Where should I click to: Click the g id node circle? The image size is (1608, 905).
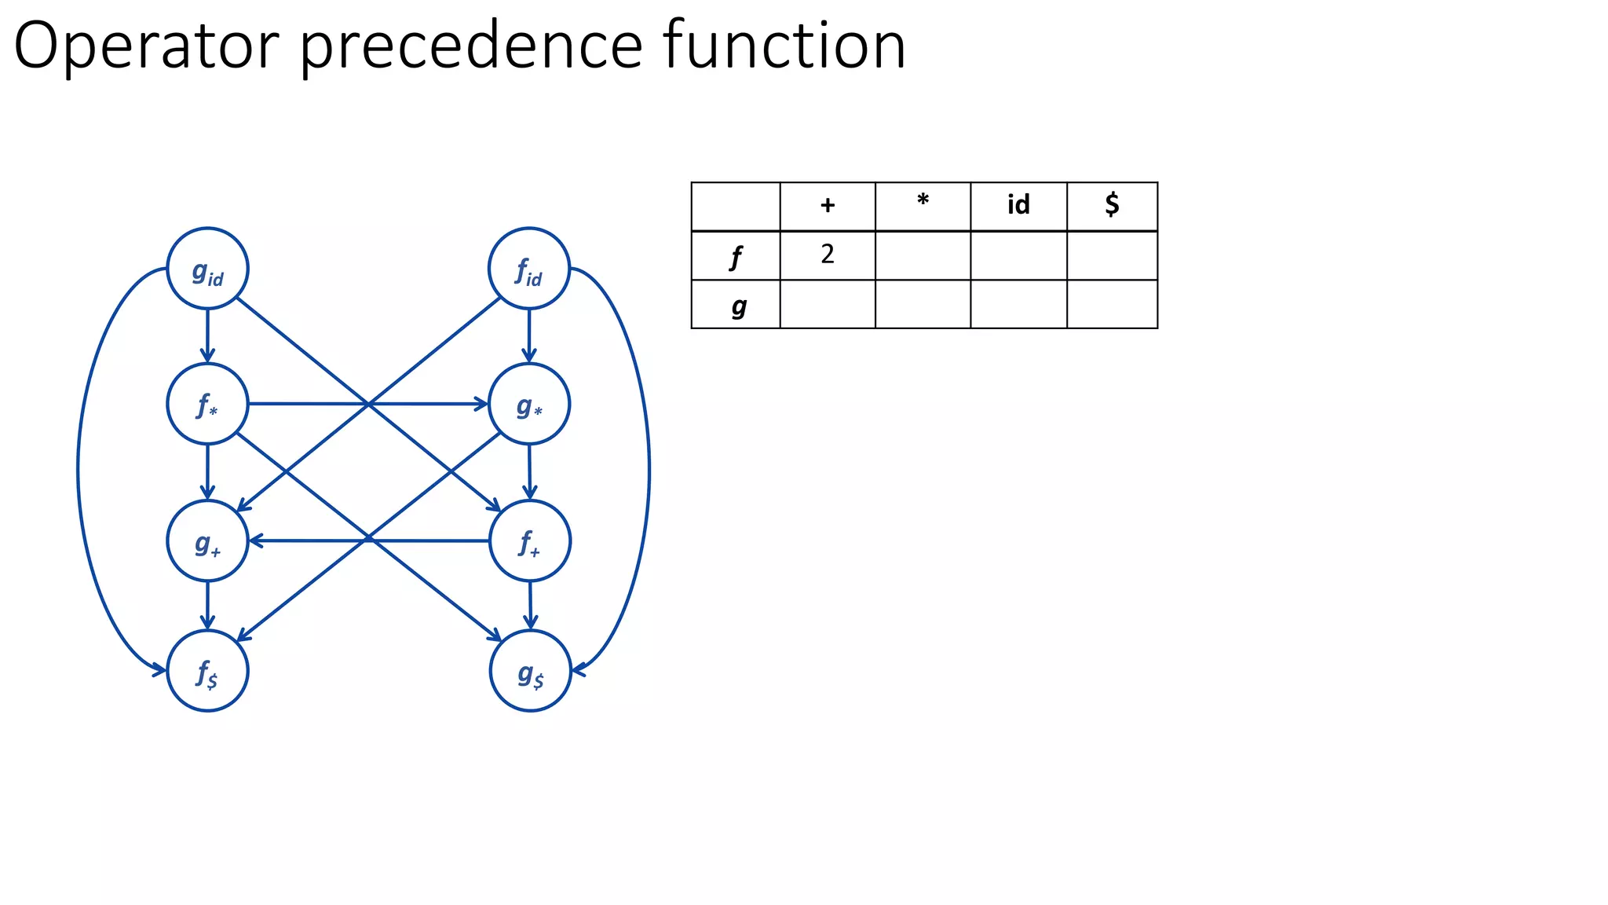pos(207,269)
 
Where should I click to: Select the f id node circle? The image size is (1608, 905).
pos(528,269)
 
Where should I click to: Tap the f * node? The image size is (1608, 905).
pos(207,404)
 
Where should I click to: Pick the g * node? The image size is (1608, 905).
pos(528,405)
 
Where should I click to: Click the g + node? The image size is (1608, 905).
pos(207,541)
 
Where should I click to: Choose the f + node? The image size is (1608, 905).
pos(529,541)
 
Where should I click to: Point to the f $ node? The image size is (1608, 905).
pos(207,671)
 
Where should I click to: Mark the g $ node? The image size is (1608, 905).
pos(530,671)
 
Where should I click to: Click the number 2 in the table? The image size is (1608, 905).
pos(828,255)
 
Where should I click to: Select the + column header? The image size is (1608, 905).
pos(828,206)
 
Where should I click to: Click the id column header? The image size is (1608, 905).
pos(1018,206)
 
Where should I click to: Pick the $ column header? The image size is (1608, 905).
pos(1112,206)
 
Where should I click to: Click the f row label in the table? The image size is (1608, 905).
pos(736,256)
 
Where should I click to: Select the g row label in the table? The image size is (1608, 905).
pos(738,305)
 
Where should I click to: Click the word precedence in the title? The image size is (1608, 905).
pos(471,47)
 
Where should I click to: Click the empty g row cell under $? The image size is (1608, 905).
pos(1112,305)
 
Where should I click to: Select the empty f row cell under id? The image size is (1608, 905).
pos(1018,256)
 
